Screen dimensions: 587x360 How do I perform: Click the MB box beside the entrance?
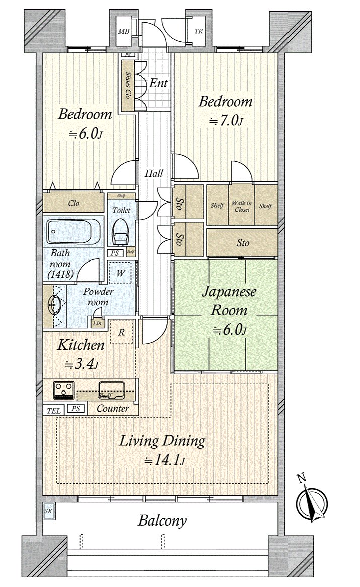pyautogui.click(x=124, y=31)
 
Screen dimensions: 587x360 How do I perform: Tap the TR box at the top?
pyautogui.click(x=199, y=31)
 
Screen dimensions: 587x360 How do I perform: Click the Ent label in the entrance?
pyautogui.click(x=158, y=83)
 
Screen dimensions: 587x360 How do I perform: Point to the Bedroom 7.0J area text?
pyautogui.click(x=226, y=111)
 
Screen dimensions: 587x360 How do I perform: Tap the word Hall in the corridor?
pyautogui.click(x=154, y=173)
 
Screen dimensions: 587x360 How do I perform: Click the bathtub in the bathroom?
pyautogui.click(x=74, y=232)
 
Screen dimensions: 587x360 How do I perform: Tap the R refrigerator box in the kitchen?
pyautogui.click(x=121, y=332)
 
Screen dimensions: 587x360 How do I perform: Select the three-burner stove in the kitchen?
pyautogui.click(x=64, y=388)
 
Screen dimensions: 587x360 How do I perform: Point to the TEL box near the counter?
pyautogui.click(x=53, y=411)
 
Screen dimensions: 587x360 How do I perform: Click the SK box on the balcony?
pyautogui.click(x=49, y=511)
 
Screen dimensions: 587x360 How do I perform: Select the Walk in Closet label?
pyautogui.click(x=241, y=206)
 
